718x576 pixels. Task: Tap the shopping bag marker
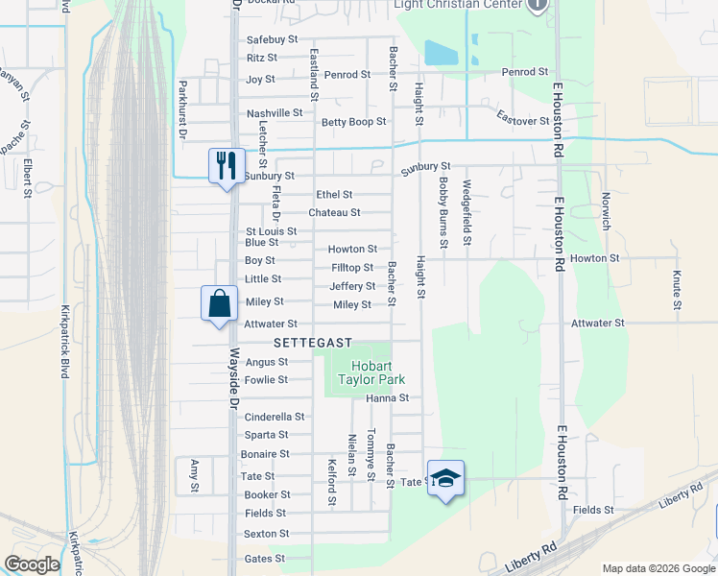coord(219,303)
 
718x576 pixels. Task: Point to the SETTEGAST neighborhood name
coord(313,343)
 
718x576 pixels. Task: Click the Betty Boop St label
coord(353,122)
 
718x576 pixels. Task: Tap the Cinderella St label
coord(275,417)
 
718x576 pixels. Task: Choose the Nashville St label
coord(275,113)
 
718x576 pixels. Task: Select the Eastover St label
coord(522,120)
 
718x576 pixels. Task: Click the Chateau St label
coord(334,212)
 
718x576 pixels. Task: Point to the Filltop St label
coord(352,267)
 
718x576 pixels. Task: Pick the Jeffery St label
coord(352,286)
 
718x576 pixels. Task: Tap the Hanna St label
coord(387,397)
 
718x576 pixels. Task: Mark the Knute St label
coord(677,291)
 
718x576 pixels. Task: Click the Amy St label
coord(194,474)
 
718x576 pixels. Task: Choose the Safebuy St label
coord(274,39)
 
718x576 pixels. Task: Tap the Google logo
coord(32,564)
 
